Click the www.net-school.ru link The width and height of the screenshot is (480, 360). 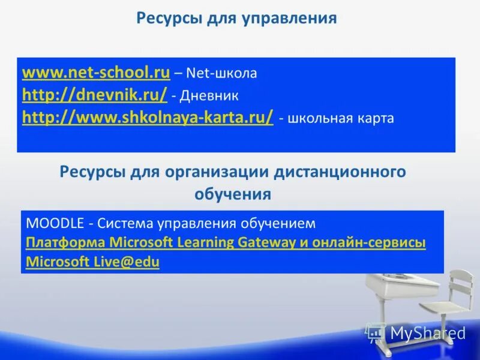(x=96, y=73)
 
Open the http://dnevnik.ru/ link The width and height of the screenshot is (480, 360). (x=94, y=95)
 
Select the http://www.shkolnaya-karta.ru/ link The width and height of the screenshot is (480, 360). (x=148, y=117)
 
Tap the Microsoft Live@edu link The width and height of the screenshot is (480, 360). (x=93, y=262)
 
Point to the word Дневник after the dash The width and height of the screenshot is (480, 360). (x=211, y=96)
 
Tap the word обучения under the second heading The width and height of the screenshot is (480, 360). (x=233, y=194)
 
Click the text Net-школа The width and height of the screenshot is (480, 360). (x=221, y=74)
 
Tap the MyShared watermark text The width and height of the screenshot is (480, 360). (x=428, y=333)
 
